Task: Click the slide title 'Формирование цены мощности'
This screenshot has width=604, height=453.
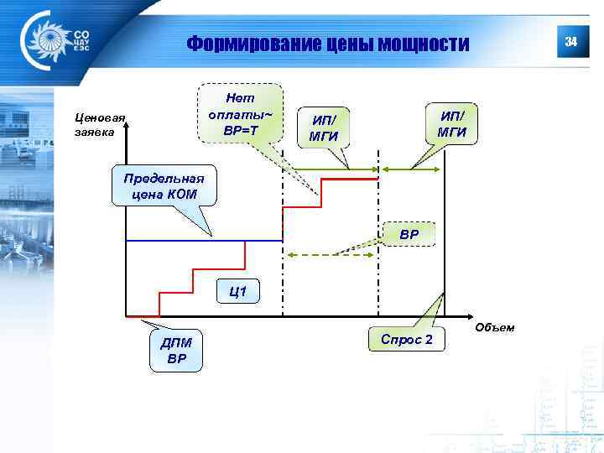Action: click(x=328, y=43)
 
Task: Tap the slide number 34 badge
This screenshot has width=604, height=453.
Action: click(x=570, y=42)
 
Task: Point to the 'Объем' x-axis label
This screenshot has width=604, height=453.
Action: click(x=494, y=326)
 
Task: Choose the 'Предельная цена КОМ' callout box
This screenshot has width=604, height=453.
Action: click(x=164, y=186)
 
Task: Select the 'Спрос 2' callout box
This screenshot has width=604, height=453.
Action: click(x=407, y=339)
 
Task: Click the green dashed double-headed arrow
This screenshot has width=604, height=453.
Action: click(x=331, y=254)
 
